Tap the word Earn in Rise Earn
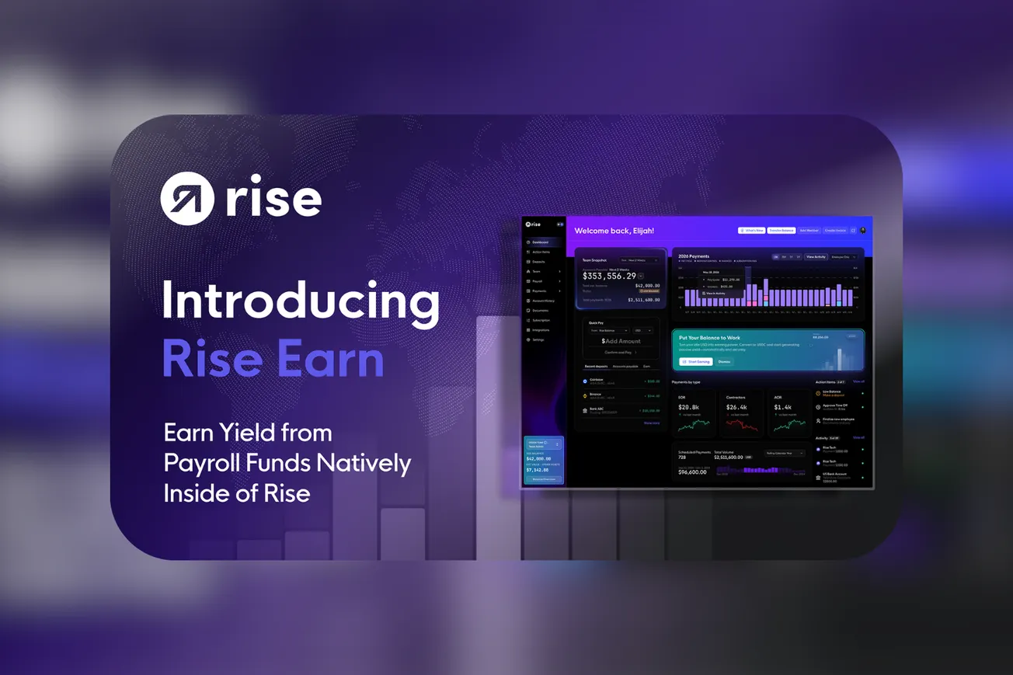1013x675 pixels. tap(335, 360)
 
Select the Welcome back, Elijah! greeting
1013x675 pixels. tap(614, 231)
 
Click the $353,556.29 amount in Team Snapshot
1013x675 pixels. tap(610, 276)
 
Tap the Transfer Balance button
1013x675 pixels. tap(781, 231)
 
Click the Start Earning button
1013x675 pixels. tap(695, 361)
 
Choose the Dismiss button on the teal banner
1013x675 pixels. tap(723, 361)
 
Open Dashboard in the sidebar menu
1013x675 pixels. tap(541, 242)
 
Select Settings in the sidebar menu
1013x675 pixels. tap(538, 340)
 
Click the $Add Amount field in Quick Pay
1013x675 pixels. tap(621, 341)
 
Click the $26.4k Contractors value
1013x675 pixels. tap(736, 407)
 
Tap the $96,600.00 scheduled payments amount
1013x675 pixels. tap(692, 472)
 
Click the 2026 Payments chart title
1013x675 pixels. tap(694, 256)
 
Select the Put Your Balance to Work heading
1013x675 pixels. tap(710, 338)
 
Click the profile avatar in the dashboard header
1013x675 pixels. tap(863, 231)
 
